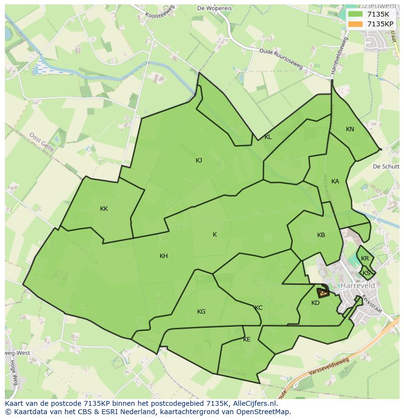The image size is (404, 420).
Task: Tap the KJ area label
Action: (199, 160)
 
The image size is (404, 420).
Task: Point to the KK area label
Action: (104, 209)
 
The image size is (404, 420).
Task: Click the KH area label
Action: (163, 256)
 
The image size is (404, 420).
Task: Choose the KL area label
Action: (268, 137)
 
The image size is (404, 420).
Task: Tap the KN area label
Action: (350, 129)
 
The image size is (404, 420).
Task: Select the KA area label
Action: (335, 181)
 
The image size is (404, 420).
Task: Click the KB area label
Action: (321, 235)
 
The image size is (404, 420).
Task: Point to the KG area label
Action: (202, 312)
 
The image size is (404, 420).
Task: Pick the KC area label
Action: (259, 308)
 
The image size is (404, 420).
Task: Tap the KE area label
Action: (247, 340)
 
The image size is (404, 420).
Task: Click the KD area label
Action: (315, 303)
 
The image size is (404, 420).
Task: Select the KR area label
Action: (365, 259)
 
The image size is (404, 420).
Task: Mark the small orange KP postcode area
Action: (323, 293)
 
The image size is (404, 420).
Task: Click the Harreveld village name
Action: (358, 285)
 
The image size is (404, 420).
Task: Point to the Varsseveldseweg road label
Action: (329, 369)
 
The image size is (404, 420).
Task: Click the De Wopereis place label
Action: (214, 8)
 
